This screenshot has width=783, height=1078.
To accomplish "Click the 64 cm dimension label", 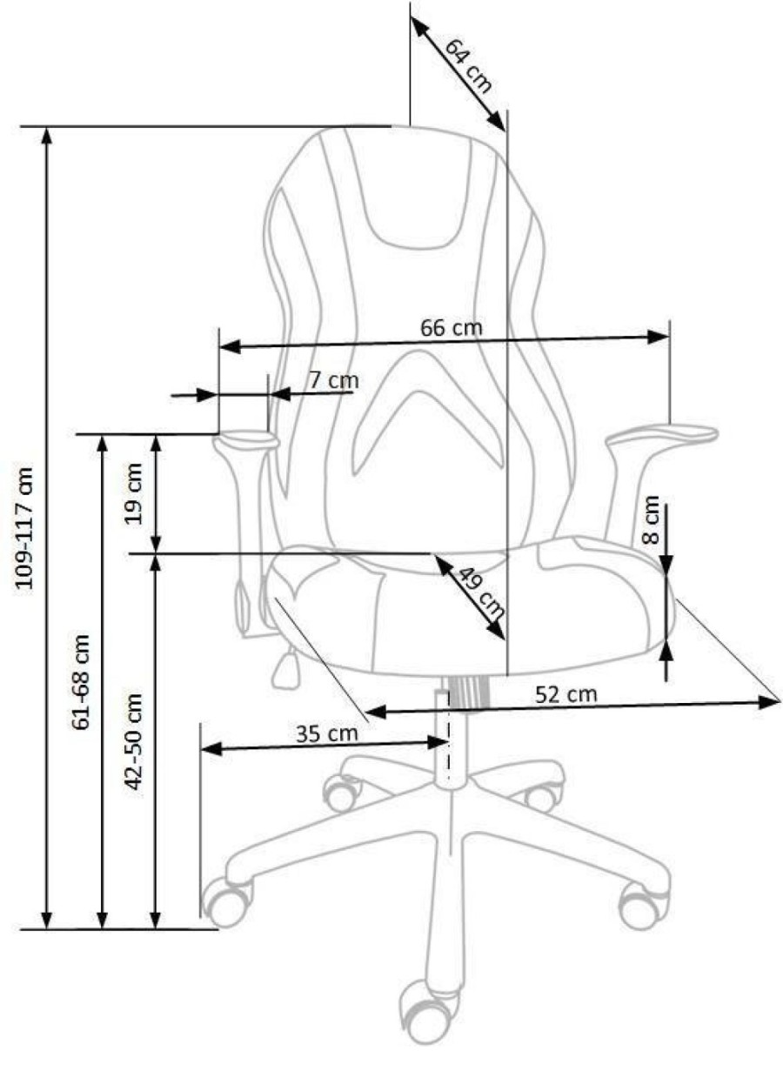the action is [x=468, y=66].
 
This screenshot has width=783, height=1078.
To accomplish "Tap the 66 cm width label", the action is [x=451, y=328].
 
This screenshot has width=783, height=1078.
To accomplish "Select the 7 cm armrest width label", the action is [x=333, y=380].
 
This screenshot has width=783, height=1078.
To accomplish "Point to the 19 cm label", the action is [x=133, y=493].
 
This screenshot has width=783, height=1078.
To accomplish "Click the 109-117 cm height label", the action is [x=24, y=527].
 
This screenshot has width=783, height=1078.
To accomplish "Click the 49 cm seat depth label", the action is [x=479, y=593].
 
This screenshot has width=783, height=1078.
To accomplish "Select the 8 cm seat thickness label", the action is [x=651, y=519].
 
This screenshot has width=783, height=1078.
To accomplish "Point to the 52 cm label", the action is [x=566, y=694].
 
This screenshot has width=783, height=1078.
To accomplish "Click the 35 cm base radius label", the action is [x=327, y=734].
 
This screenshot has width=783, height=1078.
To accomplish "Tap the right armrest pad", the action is [x=662, y=435].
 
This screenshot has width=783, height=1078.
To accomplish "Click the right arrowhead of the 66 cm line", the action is [x=658, y=337].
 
